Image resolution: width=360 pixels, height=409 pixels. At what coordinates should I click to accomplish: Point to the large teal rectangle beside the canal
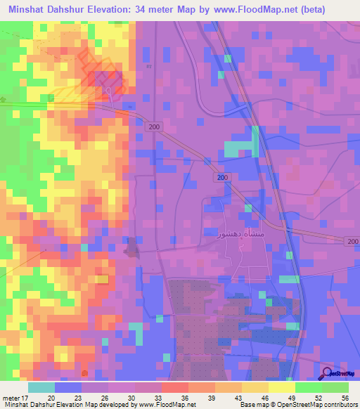click(x=240, y=148)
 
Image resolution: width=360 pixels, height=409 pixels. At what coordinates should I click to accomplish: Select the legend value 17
click(x=25, y=397)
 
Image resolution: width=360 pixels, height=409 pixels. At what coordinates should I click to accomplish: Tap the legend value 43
click(x=229, y=397)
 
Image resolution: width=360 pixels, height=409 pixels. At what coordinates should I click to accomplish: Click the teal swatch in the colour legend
click(x=41, y=387)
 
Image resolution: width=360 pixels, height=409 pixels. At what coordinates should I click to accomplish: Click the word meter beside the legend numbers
click(x=11, y=397)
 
